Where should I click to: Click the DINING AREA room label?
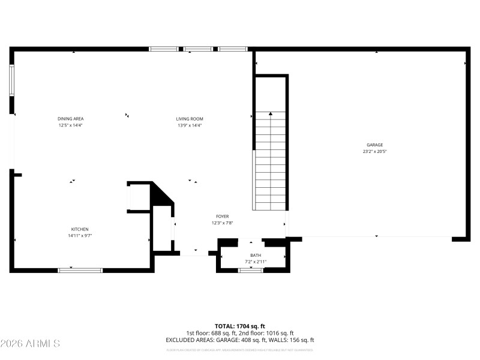click(70, 119)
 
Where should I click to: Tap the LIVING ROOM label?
click(189, 119)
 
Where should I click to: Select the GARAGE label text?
click(374, 145)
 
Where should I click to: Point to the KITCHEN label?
click(80, 229)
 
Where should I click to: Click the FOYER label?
click(222, 216)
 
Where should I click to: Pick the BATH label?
click(256, 256)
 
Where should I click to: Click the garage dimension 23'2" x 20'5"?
click(374, 152)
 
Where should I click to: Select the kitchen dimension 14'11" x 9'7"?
click(80, 236)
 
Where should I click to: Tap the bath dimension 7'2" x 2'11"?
click(256, 262)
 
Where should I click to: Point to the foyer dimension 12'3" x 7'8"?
click(222, 223)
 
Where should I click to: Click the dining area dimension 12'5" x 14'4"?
click(70, 126)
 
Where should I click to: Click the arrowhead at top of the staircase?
click(271, 113)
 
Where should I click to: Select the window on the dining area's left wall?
click(11, 80)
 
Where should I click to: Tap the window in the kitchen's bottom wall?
click(80, 270)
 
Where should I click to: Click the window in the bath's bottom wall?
click(251, 271)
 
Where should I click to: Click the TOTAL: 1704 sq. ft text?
click(240, 326)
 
